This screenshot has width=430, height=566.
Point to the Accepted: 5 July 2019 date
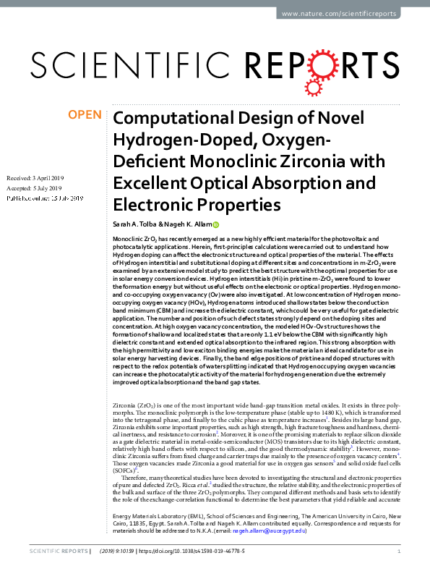click(x=33, y=187)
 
